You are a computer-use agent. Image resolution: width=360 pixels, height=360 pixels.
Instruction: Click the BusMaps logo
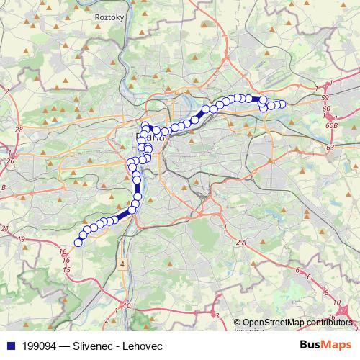(x=325, y=345)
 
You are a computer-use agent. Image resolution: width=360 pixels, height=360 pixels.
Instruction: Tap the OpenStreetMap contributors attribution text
(x=297, y=323)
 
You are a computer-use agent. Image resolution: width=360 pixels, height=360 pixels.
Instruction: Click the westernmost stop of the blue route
(x=78, y=242)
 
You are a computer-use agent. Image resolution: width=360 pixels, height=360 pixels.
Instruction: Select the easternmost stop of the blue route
(x=282, y=104)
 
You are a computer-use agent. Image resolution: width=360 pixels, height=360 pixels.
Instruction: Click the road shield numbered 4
(x=122, y=265)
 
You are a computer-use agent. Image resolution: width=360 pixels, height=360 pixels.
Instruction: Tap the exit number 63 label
(x=330, y=147)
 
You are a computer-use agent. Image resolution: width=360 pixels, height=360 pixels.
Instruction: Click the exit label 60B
(x=332, y=125)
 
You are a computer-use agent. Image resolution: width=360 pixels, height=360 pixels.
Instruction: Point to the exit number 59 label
(x=325, y=97)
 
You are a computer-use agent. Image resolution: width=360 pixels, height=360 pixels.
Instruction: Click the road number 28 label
(x=19, y=129)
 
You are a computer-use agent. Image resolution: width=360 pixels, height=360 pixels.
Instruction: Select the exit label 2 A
(x=240, y=243)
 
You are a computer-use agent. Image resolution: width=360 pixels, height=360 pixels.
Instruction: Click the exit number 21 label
(x=6, y=228)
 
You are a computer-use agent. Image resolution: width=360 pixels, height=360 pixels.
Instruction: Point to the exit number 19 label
(x=22, y=238)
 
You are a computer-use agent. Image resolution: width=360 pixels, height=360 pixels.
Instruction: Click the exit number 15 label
(x=67, y=269)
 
